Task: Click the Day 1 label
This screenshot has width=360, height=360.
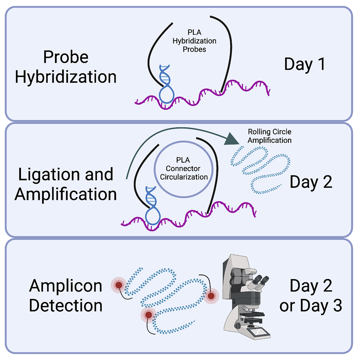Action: tap(304, 64)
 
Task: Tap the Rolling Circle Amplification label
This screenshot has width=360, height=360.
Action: tap(270, 136)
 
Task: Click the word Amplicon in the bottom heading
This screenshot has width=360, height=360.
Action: tap(66, 286)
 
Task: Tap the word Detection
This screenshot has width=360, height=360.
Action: tap(66, 306)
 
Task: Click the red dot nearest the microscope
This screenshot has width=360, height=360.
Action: tap(211, 296)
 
